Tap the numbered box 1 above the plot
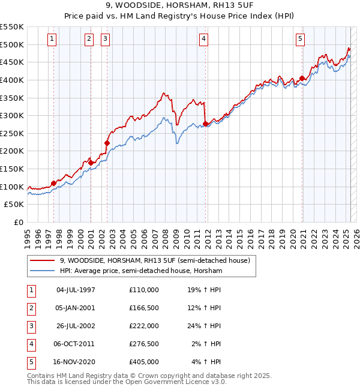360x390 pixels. pyautogui.click(x=52, y=39)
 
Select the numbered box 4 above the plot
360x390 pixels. pyautogui.click(x=204, y=39)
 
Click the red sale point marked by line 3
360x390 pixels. pyautogui.click(x=107, y=143)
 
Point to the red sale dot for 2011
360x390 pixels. pyautogui.click(x=205, y=124)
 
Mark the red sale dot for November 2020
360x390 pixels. pyautogui.click(x=302, y=78)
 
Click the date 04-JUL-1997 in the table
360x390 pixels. pyautogui.click(x=76, y=290)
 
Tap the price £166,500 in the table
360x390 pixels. pyautogui.click(x=143, y=308)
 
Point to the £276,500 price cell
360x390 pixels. pyautogui.click(x=143, y=344)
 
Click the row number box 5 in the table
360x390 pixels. pyautogui.click(x=31, y=362)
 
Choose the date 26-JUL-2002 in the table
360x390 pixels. pyautogui.click(x=76, y=326)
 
